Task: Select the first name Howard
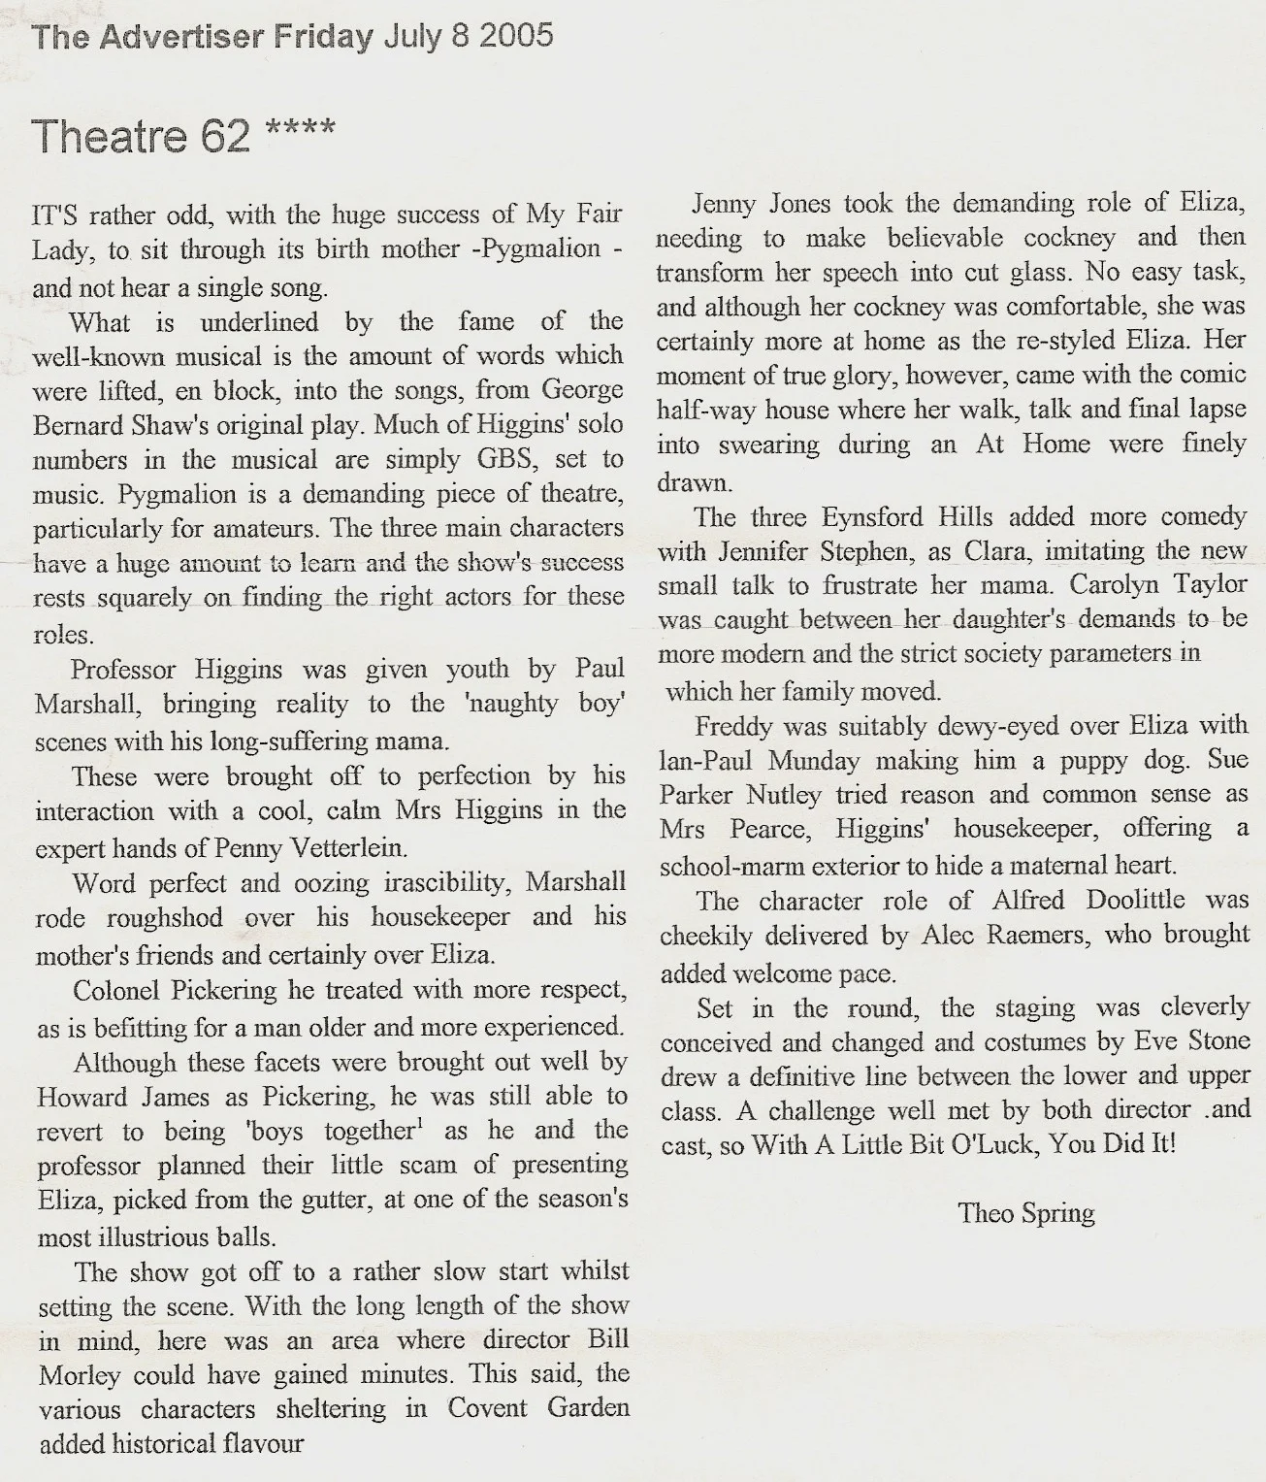pyautogui.click(x=81, y=1097)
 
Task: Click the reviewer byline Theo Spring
pyautogui.click(x=1026, y=1213)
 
